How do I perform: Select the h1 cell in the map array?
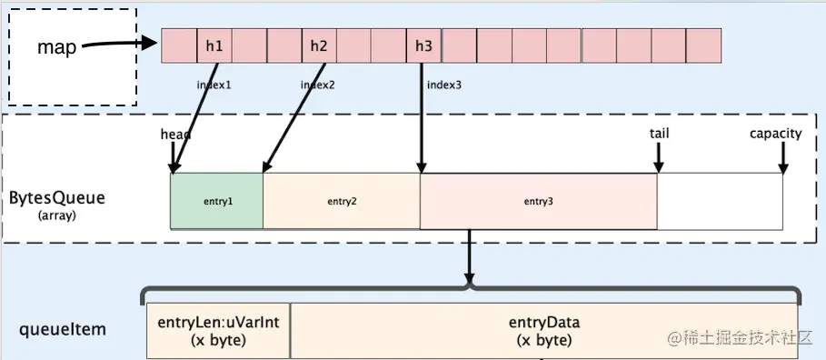[214, 45]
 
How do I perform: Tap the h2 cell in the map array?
[319, 45]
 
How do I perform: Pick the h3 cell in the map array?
[424, 45]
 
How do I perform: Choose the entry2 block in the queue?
[342, 201]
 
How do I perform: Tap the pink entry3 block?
[538, 201]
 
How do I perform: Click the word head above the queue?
[175, 135]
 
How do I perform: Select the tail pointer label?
[660, 134]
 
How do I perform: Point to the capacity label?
[775, 134]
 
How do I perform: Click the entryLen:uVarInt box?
[217, 332]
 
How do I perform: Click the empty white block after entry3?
[720, 201]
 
